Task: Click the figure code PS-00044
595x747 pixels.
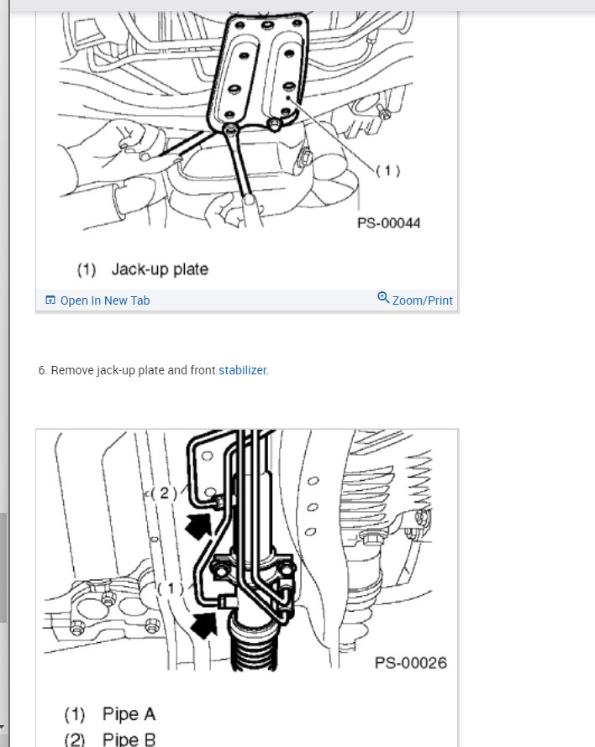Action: pyautogui.click(x=388, y=223)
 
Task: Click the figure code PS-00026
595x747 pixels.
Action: pyautogui.click(x=410, y=663)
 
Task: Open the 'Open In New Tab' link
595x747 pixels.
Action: pyautogui.click(x=104, y=300)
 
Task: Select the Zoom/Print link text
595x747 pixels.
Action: pyautogui.click(x=422, y=300)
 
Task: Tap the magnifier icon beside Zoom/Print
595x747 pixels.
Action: pyautogui.click(x=383, y=298)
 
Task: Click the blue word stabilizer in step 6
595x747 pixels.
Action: pyautogui.click(x=242, y=370)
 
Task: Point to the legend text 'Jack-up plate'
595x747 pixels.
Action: pyautogui.click(x=160, y=269)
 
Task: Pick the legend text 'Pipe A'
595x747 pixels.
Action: pyautogui.click(x=129, y=714)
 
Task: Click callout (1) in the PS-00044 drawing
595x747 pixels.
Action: pyautogui.click(x=387, y=171)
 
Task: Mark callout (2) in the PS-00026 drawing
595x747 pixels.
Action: pyautogui.click(x=164, y=494)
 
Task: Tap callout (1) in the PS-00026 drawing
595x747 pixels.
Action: pyautogui.click(x=171, y=588)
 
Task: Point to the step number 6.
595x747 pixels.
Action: pyautogui.click(x=42, y=370)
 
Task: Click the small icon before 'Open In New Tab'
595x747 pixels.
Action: pyautogui.click(x=50, y=300)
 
